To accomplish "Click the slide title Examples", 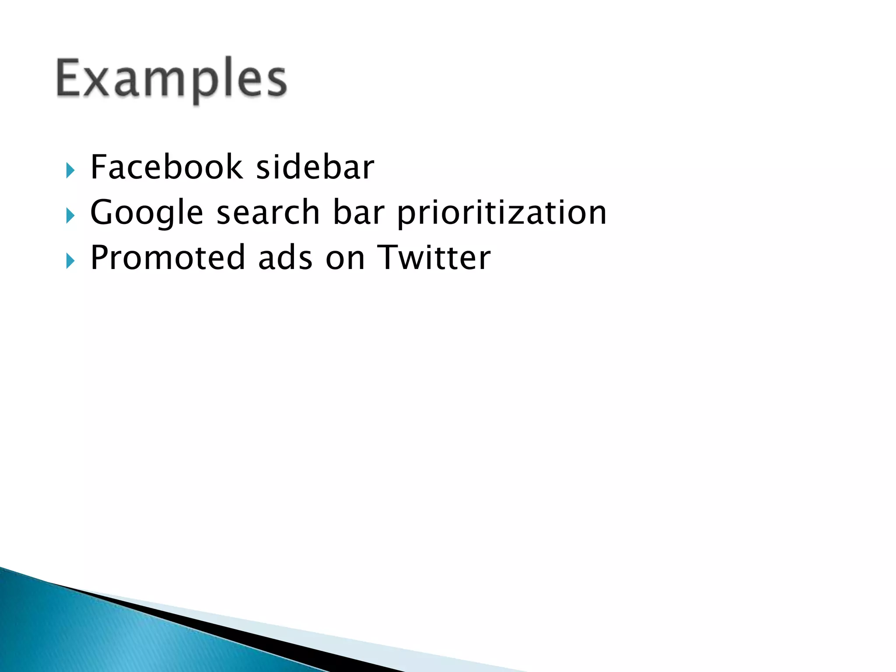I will (171, 79).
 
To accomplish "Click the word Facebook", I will (166, 167).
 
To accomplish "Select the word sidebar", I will (315, 167).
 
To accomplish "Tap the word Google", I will (147, 213).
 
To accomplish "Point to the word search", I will (268, 212).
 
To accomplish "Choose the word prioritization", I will (502, 213).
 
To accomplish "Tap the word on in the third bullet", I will (345, 258).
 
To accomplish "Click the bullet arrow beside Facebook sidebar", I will (70, 170).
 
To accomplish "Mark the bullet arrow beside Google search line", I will (70, 216).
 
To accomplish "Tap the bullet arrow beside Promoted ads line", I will (70, 261).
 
